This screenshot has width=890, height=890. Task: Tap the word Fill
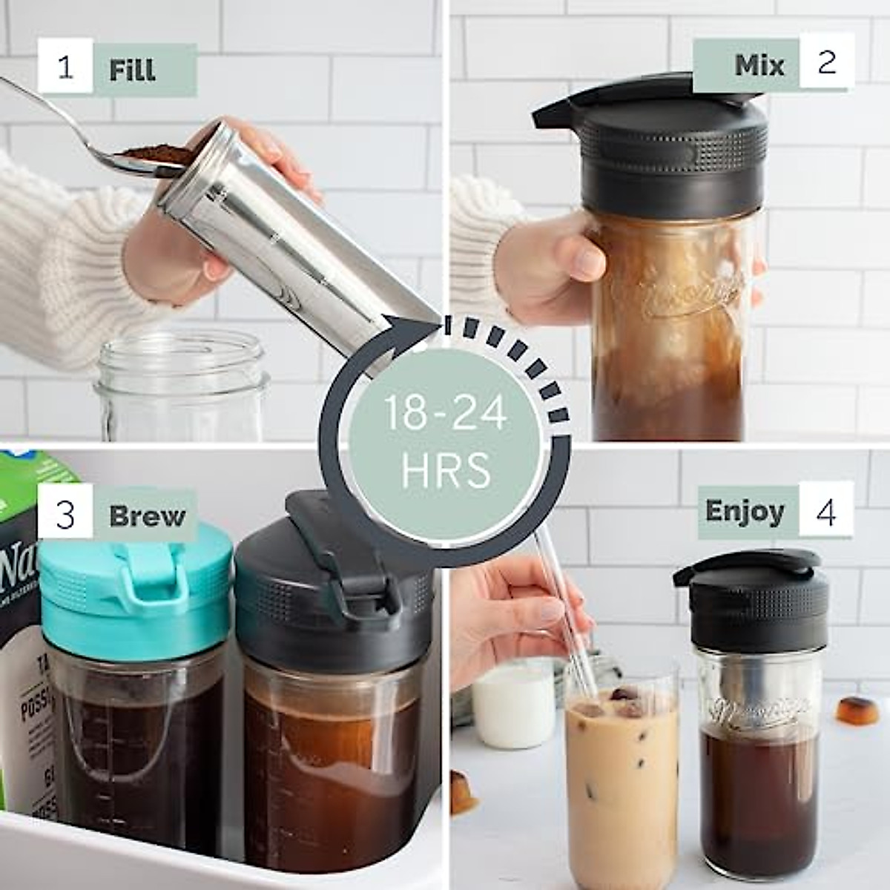pos(133,70)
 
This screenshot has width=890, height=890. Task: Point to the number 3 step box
pos(65,513)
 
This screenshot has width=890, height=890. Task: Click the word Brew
pos(147,515)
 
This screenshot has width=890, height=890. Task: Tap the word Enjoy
pos(744,511)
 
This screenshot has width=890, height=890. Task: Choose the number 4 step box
pos(825,511)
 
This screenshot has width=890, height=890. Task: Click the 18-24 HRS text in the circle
pos(445,441)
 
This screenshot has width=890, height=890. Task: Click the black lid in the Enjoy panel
pos(756,601)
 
